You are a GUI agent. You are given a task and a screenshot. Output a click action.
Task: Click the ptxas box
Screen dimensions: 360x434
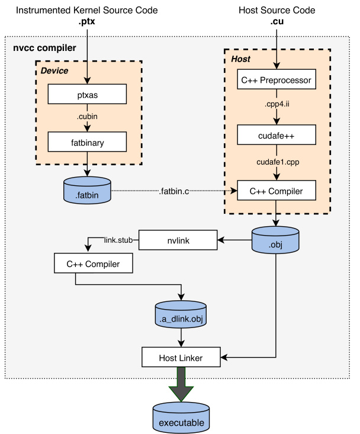(87, 94)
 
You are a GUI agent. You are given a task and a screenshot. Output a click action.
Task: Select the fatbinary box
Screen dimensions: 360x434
(87, 142)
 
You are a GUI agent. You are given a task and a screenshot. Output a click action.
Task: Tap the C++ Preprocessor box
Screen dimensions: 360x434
(277, 79)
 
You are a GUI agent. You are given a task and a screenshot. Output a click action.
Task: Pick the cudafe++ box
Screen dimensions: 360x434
(277, 134)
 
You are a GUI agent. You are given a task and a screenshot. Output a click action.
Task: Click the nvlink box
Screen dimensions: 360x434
(178, 240)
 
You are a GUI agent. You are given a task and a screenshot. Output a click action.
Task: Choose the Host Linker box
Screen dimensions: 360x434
(181, 357)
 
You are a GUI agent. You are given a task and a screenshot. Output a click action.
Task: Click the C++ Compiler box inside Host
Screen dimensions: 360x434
(277, 190)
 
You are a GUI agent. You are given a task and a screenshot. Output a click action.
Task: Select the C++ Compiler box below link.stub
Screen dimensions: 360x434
(93, 263)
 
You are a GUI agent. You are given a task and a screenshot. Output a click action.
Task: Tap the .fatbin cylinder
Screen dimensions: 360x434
(87, 190)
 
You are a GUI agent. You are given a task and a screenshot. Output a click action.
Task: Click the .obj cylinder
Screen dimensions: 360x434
(275, 240)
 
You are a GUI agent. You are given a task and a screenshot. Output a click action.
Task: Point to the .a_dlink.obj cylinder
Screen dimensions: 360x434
(181, 314)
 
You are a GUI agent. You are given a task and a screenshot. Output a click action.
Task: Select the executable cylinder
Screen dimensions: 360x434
(181, 418)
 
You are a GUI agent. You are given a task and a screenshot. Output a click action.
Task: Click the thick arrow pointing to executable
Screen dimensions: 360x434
(181, 384)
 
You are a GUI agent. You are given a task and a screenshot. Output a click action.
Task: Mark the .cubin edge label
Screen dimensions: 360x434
(87, 116)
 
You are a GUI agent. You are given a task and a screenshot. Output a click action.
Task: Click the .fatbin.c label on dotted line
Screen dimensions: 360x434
(174, 191)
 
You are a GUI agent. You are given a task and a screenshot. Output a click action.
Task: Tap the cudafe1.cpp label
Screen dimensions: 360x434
(278, 162)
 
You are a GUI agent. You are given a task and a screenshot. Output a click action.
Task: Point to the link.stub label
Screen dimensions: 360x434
(118, 240)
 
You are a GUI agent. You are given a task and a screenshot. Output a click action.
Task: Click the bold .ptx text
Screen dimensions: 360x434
(86, 21)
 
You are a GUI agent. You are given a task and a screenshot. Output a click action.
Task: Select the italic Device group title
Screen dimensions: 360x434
(54, 70)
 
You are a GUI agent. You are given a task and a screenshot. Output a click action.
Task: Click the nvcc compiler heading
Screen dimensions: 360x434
(44, 47)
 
